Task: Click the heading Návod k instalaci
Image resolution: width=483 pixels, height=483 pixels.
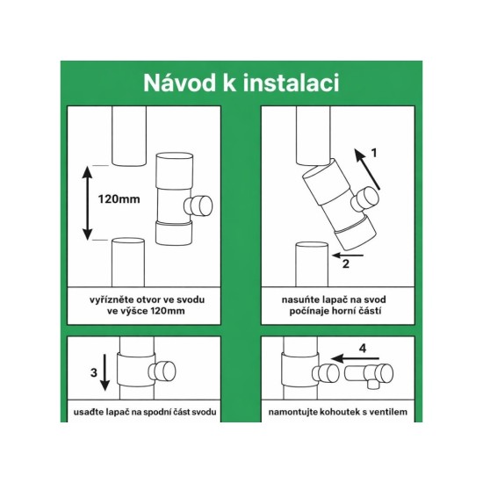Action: tap(241, 84)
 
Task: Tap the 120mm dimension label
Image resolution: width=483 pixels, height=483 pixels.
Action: tap(119, 199)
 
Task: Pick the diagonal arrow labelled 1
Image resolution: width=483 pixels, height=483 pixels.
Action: tap(370, 173)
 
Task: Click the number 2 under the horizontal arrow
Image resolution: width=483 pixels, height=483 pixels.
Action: tap(346, 262)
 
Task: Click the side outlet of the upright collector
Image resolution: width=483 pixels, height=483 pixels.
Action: tap(201, 207)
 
